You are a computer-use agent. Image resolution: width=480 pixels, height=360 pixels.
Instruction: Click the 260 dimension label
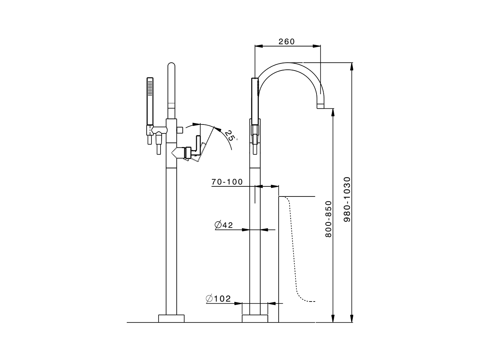(x=286, y=42)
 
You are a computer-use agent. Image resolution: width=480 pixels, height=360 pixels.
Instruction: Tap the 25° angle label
(x=230, y=135)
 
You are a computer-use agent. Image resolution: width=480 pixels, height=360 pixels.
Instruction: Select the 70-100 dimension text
(x=227, y=182)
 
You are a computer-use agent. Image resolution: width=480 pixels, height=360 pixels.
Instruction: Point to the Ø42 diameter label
(x=224, y=225)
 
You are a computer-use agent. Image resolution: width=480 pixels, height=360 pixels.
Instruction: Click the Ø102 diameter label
(x=218, y=299)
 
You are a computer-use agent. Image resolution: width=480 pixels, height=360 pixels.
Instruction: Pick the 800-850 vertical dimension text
(x=328, y=219)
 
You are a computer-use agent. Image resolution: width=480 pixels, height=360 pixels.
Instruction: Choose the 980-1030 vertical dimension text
(x=347, y=199)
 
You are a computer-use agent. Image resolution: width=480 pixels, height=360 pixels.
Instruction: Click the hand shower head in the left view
(x=150, y=101)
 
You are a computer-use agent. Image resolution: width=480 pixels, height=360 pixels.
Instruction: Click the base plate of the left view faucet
(x=171, y=318)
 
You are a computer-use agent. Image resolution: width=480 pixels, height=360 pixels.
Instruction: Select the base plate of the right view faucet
(x=255, y=318)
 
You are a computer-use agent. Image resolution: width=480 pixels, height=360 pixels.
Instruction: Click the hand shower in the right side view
(x=255, y=101)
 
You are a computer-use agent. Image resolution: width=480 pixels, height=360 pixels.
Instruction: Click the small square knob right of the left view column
(x=180, y=129)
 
